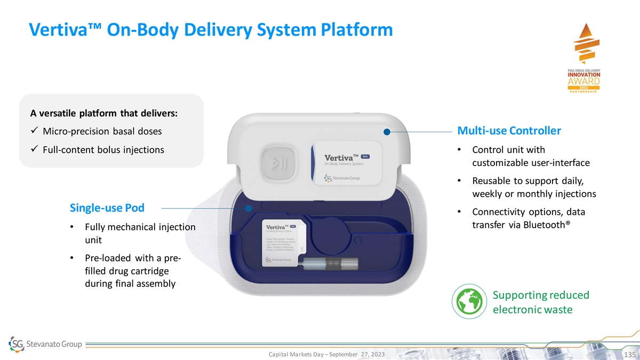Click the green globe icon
(x=467, y=302)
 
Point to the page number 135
(x=627, y=354)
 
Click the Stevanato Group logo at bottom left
(x=45, y=344)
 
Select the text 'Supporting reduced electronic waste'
(x=540, y=302)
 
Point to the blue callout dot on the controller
(x=387, y=131)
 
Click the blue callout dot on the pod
(x=249, y=207)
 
